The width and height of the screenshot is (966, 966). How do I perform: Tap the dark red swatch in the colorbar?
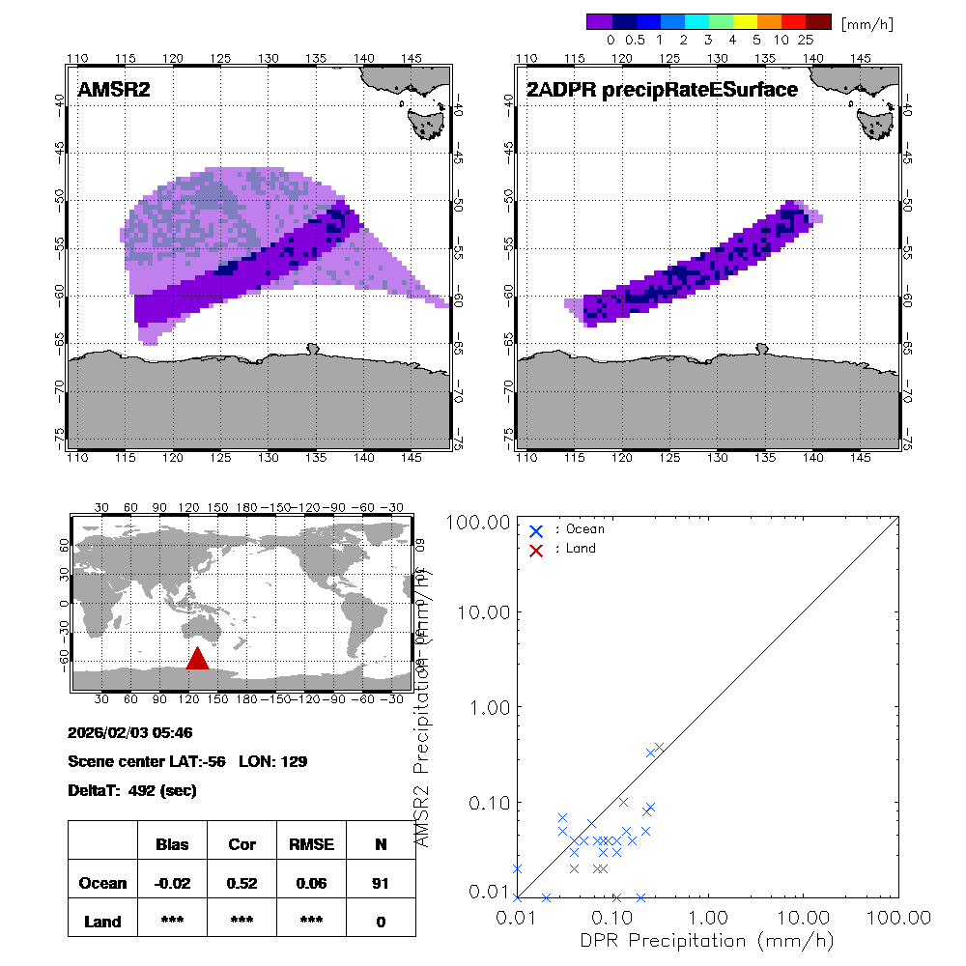818,21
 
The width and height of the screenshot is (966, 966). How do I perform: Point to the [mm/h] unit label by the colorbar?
867,22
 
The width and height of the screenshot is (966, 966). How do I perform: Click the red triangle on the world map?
197,659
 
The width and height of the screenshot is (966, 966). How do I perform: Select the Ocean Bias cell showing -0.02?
172,883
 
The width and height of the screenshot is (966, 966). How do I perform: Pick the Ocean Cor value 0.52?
241,883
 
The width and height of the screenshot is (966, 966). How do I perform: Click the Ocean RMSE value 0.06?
311,883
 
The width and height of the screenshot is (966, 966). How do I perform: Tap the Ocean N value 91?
381,883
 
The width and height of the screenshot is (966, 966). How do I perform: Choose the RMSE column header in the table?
311,844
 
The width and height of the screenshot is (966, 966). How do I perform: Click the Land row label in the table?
102,922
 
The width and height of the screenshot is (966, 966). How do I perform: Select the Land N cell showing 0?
381,922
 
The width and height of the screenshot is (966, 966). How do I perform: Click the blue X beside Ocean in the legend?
536,530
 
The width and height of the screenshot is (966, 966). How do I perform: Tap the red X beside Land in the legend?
536,550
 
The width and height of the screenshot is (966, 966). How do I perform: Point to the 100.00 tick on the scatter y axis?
481,523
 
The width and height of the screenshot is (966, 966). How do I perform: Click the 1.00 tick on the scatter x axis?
709,916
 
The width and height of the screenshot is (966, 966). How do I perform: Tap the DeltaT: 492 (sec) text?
132,790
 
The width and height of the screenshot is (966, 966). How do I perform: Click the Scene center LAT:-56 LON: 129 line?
187,761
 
